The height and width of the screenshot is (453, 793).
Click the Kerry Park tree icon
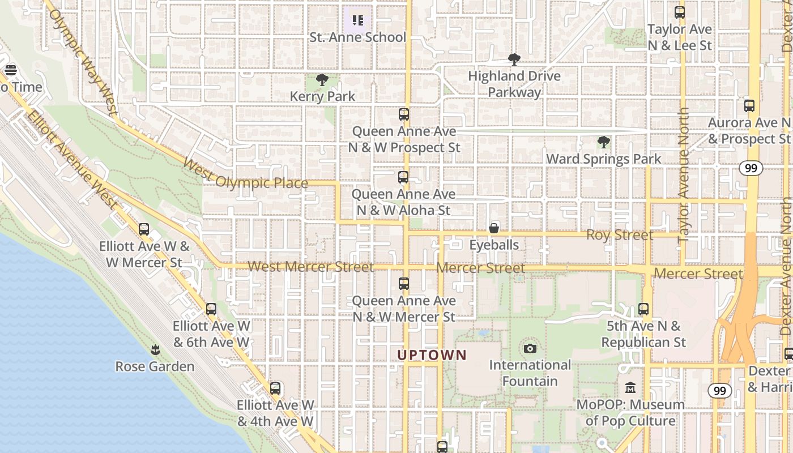click(322, 80)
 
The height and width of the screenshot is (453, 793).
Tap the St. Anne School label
click(357, 37)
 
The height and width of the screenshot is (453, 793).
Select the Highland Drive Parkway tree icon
click(514, 59)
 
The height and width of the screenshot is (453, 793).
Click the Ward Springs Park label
click(603, 159)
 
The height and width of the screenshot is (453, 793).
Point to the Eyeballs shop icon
click(494, 228)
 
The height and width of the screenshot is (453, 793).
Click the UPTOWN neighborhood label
click(432, 355)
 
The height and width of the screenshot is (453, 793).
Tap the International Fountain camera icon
click(530, 348)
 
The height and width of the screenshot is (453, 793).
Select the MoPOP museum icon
click(630, 388)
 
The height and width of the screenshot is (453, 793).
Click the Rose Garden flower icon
click(155, 349)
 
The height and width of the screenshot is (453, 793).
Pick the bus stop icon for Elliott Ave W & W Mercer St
click(144, 229)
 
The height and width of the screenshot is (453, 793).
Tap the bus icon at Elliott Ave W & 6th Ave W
click(211, 309)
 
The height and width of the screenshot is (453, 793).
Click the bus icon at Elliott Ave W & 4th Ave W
click(275, 388)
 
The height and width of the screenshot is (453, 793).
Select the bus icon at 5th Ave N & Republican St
click(643, 309)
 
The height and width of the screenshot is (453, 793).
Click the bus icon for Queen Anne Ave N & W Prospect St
click(404, 114)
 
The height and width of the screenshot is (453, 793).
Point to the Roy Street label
click(620, 235)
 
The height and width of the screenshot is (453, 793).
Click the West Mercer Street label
click(310, 267)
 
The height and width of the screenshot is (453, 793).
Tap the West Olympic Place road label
click(245, 174)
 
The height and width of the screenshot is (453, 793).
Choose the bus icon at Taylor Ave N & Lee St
click(680, 12)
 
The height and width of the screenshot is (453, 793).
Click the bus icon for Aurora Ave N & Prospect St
click(749, 105)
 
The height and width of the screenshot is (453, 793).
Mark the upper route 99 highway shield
click(751, 168)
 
